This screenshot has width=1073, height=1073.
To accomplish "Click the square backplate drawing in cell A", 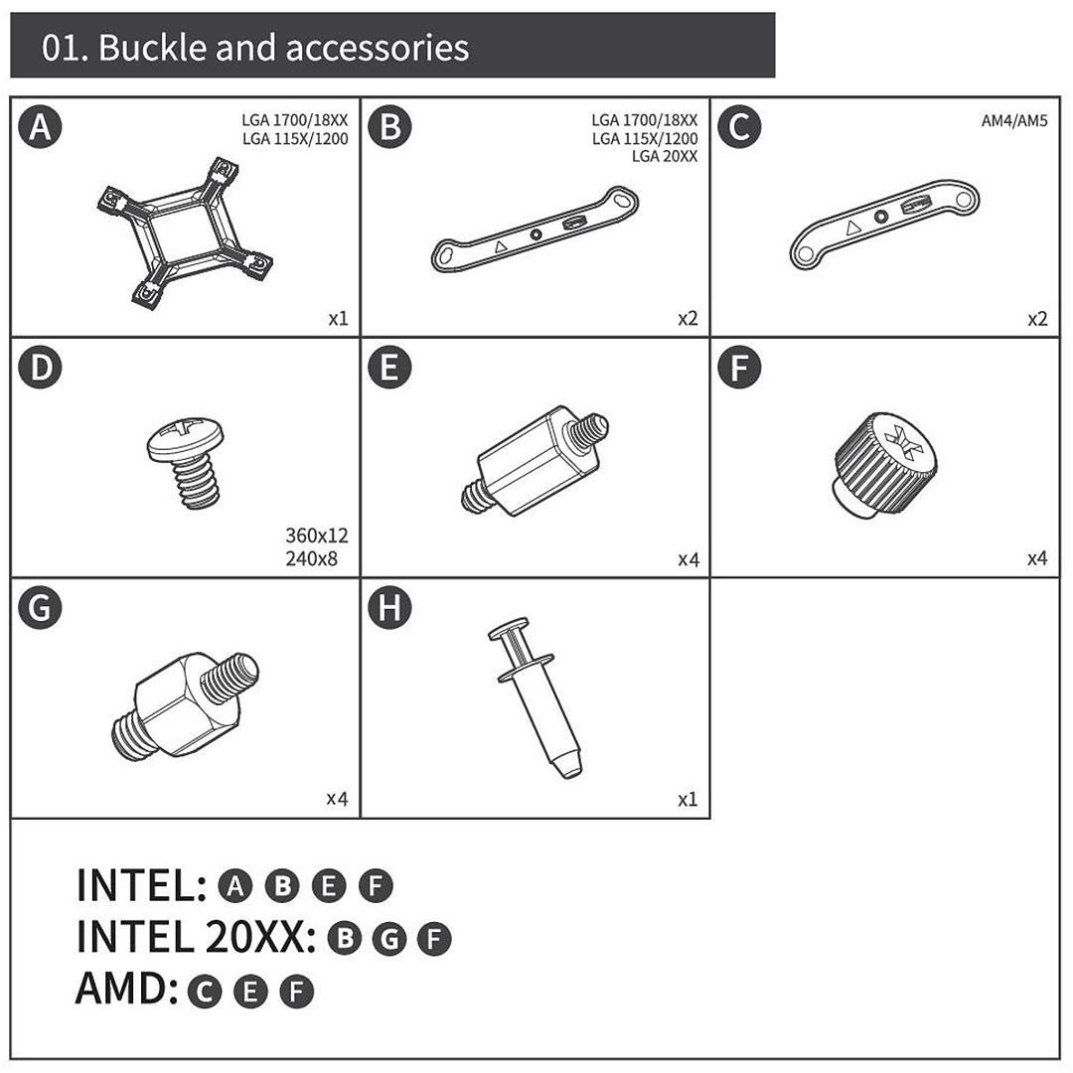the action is click(x=184, y=232).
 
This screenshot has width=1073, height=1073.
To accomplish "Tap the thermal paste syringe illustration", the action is click(x=536, y=698).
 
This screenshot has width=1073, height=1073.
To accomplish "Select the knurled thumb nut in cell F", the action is click(x=885, y=464).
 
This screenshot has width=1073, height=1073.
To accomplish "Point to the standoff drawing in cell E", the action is click(x=535, y=461).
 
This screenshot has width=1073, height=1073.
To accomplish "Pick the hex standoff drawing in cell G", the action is click(x=185, y=704).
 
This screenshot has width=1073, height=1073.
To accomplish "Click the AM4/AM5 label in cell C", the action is click(x=1014, y=121).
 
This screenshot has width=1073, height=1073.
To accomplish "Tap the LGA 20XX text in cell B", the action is click(x=665, y=156).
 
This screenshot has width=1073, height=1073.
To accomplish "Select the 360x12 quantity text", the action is click(x=317, y=536).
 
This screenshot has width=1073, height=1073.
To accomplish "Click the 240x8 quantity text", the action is click(x=311, y=558).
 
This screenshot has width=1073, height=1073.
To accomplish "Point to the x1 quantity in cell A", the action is click(x=338, y=318).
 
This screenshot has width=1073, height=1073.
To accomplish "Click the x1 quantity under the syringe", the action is click(x=688, y=799).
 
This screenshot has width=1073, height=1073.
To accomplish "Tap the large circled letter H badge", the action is click(x=389, y=608).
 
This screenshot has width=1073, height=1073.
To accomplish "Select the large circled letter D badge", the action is click(x=41, y=368).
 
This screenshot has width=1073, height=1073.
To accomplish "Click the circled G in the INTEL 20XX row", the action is click(x=389, y=938).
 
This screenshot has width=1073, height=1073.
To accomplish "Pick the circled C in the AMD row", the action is click(x=205, y=992).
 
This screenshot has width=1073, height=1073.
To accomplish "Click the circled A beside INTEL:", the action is click(x=234, y=885).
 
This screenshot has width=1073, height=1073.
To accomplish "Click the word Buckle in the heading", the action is click(x=153, y=48).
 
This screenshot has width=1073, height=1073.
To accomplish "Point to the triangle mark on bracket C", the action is click(x=852, y=228).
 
